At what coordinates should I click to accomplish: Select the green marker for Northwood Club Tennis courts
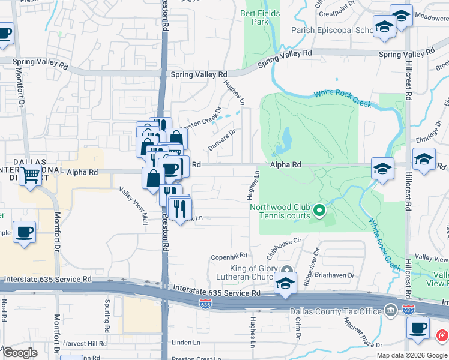319,211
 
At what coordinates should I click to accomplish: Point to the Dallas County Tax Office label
336,311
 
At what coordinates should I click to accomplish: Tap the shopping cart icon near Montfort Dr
30,176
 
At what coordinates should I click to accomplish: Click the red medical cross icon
443,335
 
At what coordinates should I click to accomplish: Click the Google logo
20,353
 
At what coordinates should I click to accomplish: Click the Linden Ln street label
185,343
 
